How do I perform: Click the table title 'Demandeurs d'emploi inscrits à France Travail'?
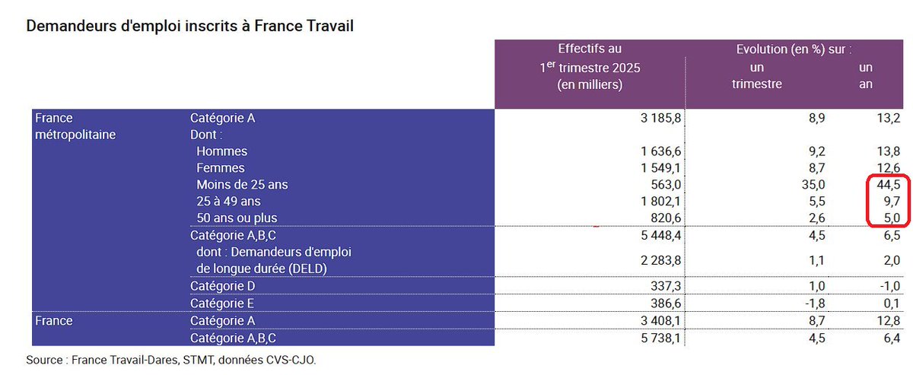(x=189, y=26)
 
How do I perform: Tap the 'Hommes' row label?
(x=221, y=151)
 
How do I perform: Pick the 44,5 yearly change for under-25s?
(x=888, y=185)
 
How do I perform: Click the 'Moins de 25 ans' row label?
(x=242, y=185)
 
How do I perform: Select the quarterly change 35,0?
(x=811, y=185)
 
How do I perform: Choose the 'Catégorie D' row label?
(x=222, y=286)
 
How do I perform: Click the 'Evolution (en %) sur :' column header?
(x=794, y=49)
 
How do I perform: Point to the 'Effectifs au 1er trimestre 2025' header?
(x=590, y=67)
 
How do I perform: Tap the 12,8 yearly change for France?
(x=888, y=319)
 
